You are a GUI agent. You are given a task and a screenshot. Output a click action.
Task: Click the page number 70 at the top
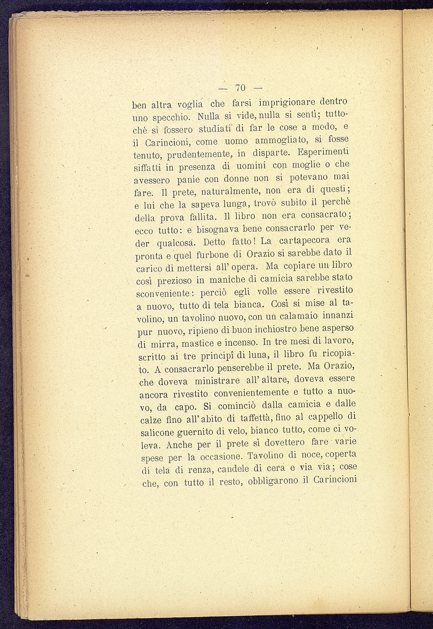pos(241,87)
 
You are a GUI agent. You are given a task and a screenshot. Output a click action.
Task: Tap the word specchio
pos(171,118)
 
